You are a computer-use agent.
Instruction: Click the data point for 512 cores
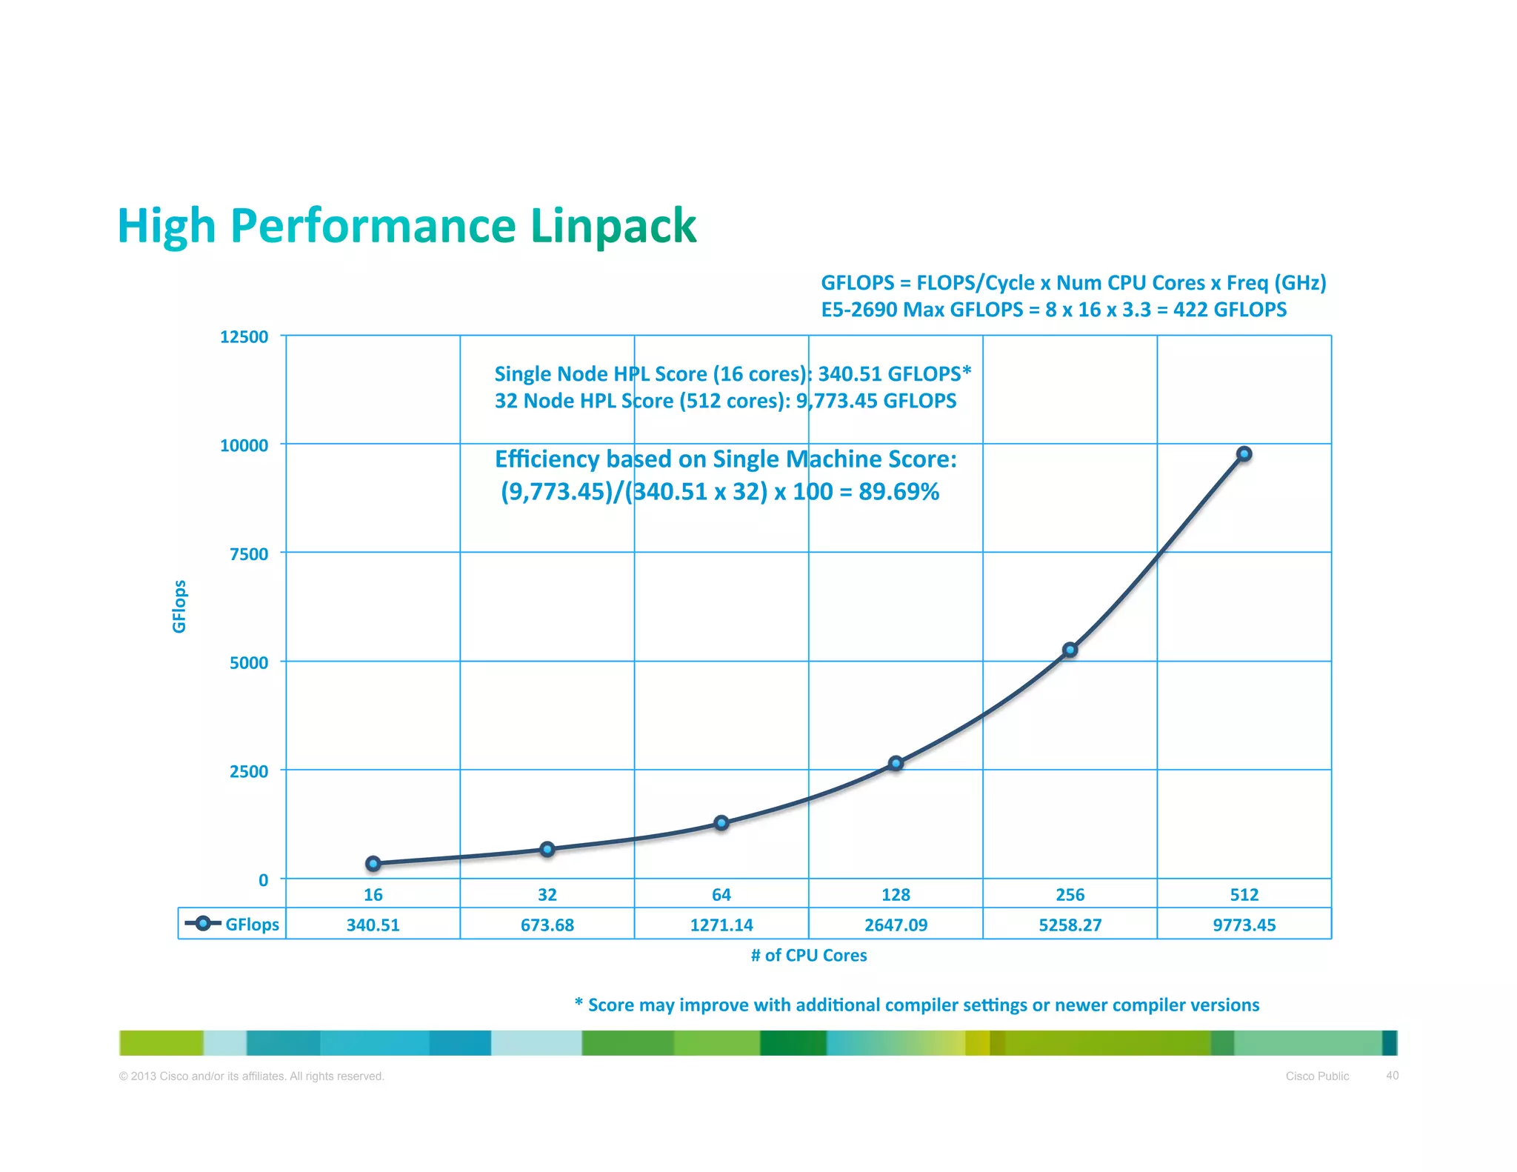(x=1244, y=454)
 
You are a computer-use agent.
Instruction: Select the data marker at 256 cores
(x=1070, y=650)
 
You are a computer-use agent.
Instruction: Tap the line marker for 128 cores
(x=896, y=763)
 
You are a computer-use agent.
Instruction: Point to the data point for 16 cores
(x=373, y=863)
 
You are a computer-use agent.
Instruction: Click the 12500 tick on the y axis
(x=244, y=337)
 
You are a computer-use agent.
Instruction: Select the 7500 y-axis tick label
(x=248, y=554)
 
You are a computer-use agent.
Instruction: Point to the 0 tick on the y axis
(x=263, y=880)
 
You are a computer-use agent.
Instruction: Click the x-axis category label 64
(x=721, y=895)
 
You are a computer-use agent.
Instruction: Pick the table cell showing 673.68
(x=547, y=925)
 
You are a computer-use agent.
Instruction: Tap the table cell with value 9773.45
(x=1244, y=925)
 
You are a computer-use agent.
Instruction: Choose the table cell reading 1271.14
(x=721, y=925)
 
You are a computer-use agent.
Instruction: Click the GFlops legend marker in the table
(x=202, y=923)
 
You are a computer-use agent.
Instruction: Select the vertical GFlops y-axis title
(x=179, y=606)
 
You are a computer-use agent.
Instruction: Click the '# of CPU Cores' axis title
(x=808, y=955)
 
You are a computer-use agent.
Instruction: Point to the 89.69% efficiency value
(x=898, y=491)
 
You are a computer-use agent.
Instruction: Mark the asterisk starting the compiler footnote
(x=579, y=1002)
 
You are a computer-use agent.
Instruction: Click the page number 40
(x=1392, y=1075)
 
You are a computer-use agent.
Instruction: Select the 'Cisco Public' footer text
(x=1316, y=1076)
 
